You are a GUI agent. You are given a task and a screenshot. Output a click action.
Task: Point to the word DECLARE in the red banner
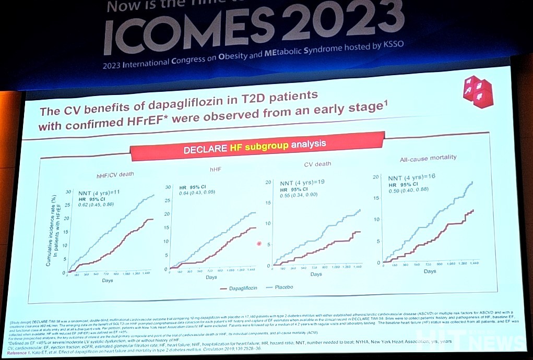206,150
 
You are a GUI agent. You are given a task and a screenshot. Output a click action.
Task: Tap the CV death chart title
317,164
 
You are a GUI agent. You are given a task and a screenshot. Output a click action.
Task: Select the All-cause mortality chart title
428,158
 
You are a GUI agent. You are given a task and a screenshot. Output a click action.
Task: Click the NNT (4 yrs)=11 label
99,192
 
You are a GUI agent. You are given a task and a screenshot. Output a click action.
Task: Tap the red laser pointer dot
259,244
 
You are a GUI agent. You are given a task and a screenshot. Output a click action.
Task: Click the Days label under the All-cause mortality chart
430,271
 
